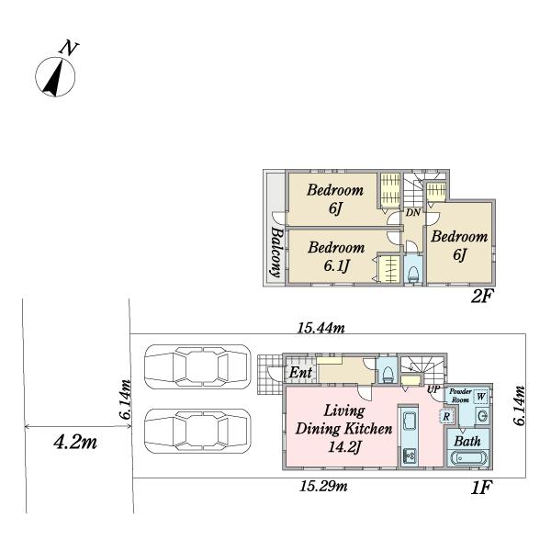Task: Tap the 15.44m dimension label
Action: [321, 328]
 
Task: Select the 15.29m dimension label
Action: [323, 487]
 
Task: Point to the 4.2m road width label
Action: [75, 443]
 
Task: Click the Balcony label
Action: [276, 252]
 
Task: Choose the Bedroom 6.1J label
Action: [336, 257]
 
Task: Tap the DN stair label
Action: [413, 213]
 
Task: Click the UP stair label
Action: [433, 389]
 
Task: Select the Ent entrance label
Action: [300, 372]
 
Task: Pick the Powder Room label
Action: [460, 396]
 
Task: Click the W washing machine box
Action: [480, 397]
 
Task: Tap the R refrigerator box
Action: [446, 417]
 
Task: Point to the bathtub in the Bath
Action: [469, 458]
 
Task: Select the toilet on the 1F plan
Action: [388, 374]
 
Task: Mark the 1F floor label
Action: [481, 488]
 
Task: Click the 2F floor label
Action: [482, 297]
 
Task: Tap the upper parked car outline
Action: [197, 366]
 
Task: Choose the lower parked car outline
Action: [197, 431]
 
